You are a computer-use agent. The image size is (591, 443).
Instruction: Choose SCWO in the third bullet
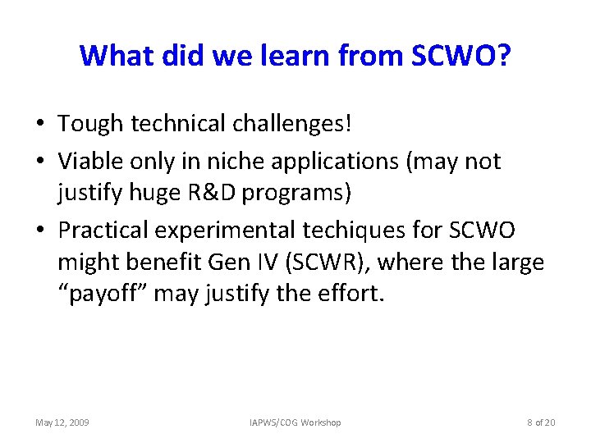click(x=487, y=231)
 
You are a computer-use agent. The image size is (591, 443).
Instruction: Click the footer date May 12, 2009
click(x=62, y=422)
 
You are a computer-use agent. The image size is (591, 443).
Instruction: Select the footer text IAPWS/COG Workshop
click(x=295, y=422)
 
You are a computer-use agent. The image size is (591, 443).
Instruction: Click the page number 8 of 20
click(x=541, y=422)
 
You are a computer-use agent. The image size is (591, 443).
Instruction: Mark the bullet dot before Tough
click(x=40, y=125)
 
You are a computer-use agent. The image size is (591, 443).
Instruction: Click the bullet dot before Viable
click(x=40, y=162)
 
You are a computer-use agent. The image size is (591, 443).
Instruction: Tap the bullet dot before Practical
click(x=40, y=231)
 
